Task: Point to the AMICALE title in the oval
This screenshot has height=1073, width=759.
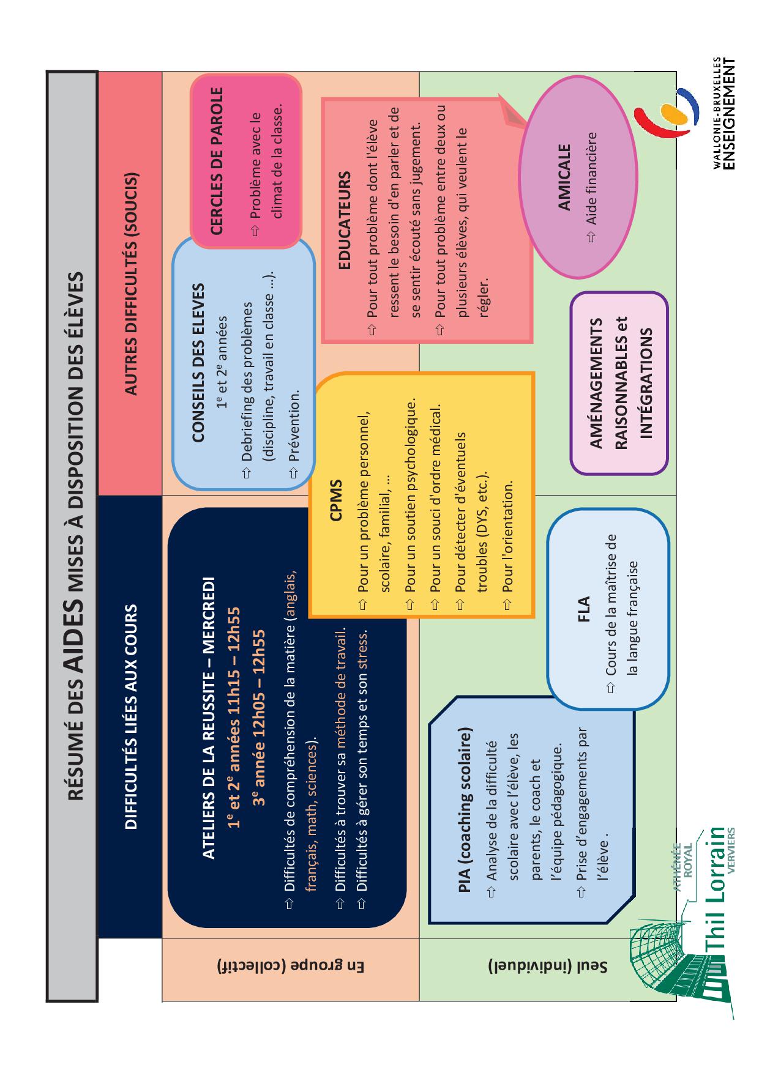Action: [564, 177]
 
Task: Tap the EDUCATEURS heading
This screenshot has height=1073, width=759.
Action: [345, 220]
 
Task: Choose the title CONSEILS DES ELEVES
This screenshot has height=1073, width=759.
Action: [198, 362]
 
